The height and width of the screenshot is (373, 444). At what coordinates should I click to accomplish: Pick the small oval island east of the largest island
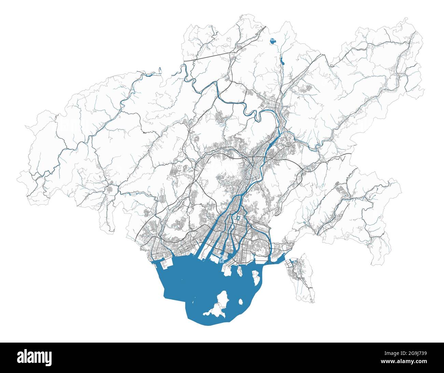pyautogui.click(x=241, y=302)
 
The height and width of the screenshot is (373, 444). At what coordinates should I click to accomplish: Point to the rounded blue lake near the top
pyautogui.click(x=272, y=41)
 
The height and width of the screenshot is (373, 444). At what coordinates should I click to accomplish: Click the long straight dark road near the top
pyautogui.click(x=208, y=57)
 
